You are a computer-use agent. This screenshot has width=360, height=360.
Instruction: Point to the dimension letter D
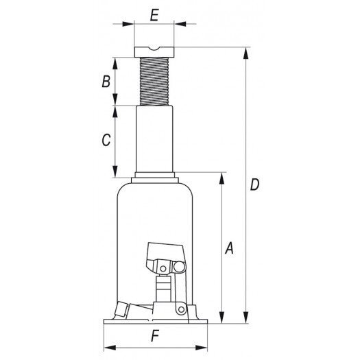254,184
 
